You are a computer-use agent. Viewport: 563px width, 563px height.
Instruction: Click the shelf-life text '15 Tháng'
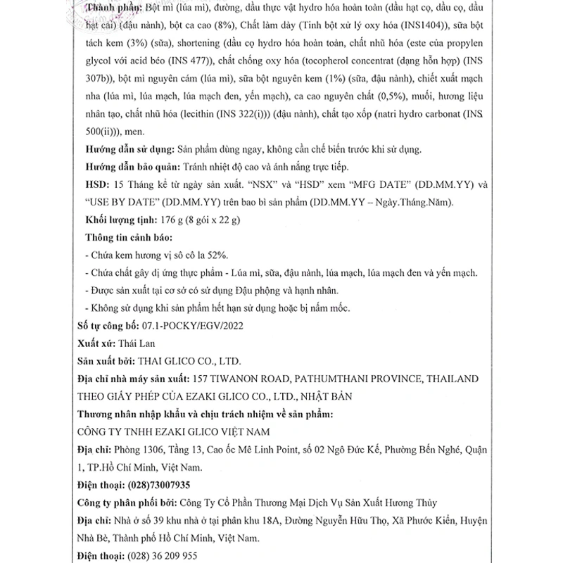click(134, 185)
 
